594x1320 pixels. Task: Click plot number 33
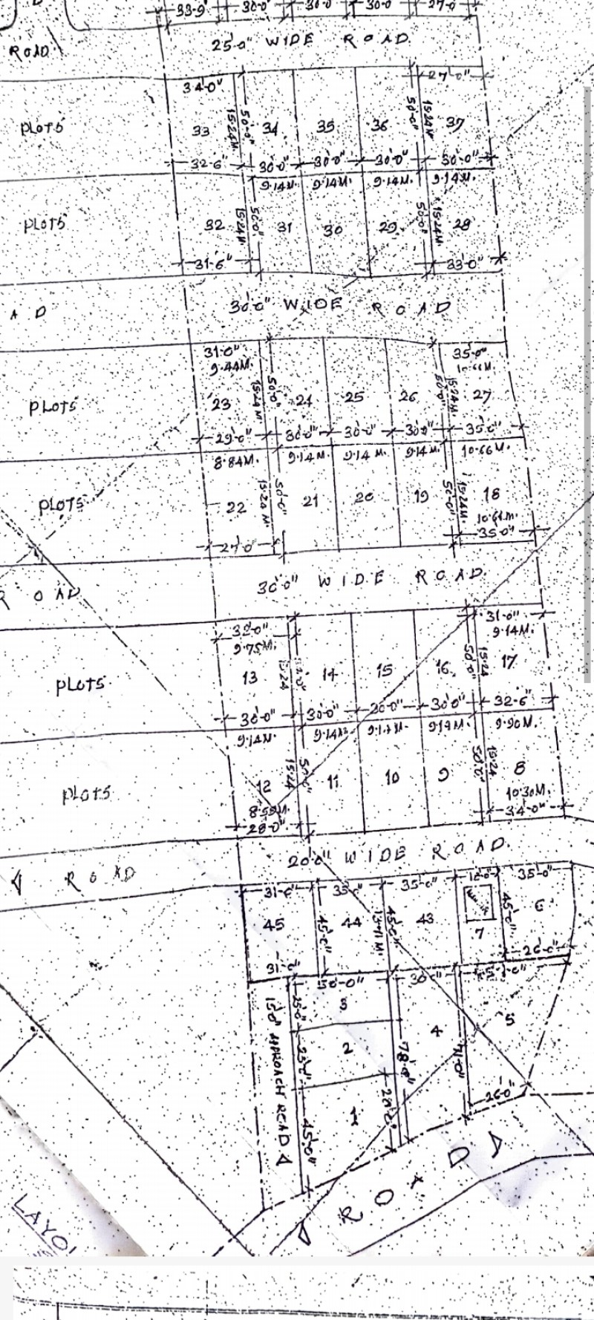tap(200, 131)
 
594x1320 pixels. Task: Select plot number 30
tap(332, 229)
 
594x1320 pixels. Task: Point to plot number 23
tap(221, 405)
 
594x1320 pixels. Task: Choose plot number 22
tap(236, 508)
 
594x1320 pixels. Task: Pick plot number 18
tap(491, 494)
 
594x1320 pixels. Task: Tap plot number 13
tap(249, 677)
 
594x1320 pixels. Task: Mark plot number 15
tap(384, 670)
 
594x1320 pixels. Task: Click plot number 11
tap(333, 781)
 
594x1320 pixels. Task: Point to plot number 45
tap(273, 924)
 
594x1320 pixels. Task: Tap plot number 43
tap(425, 919)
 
